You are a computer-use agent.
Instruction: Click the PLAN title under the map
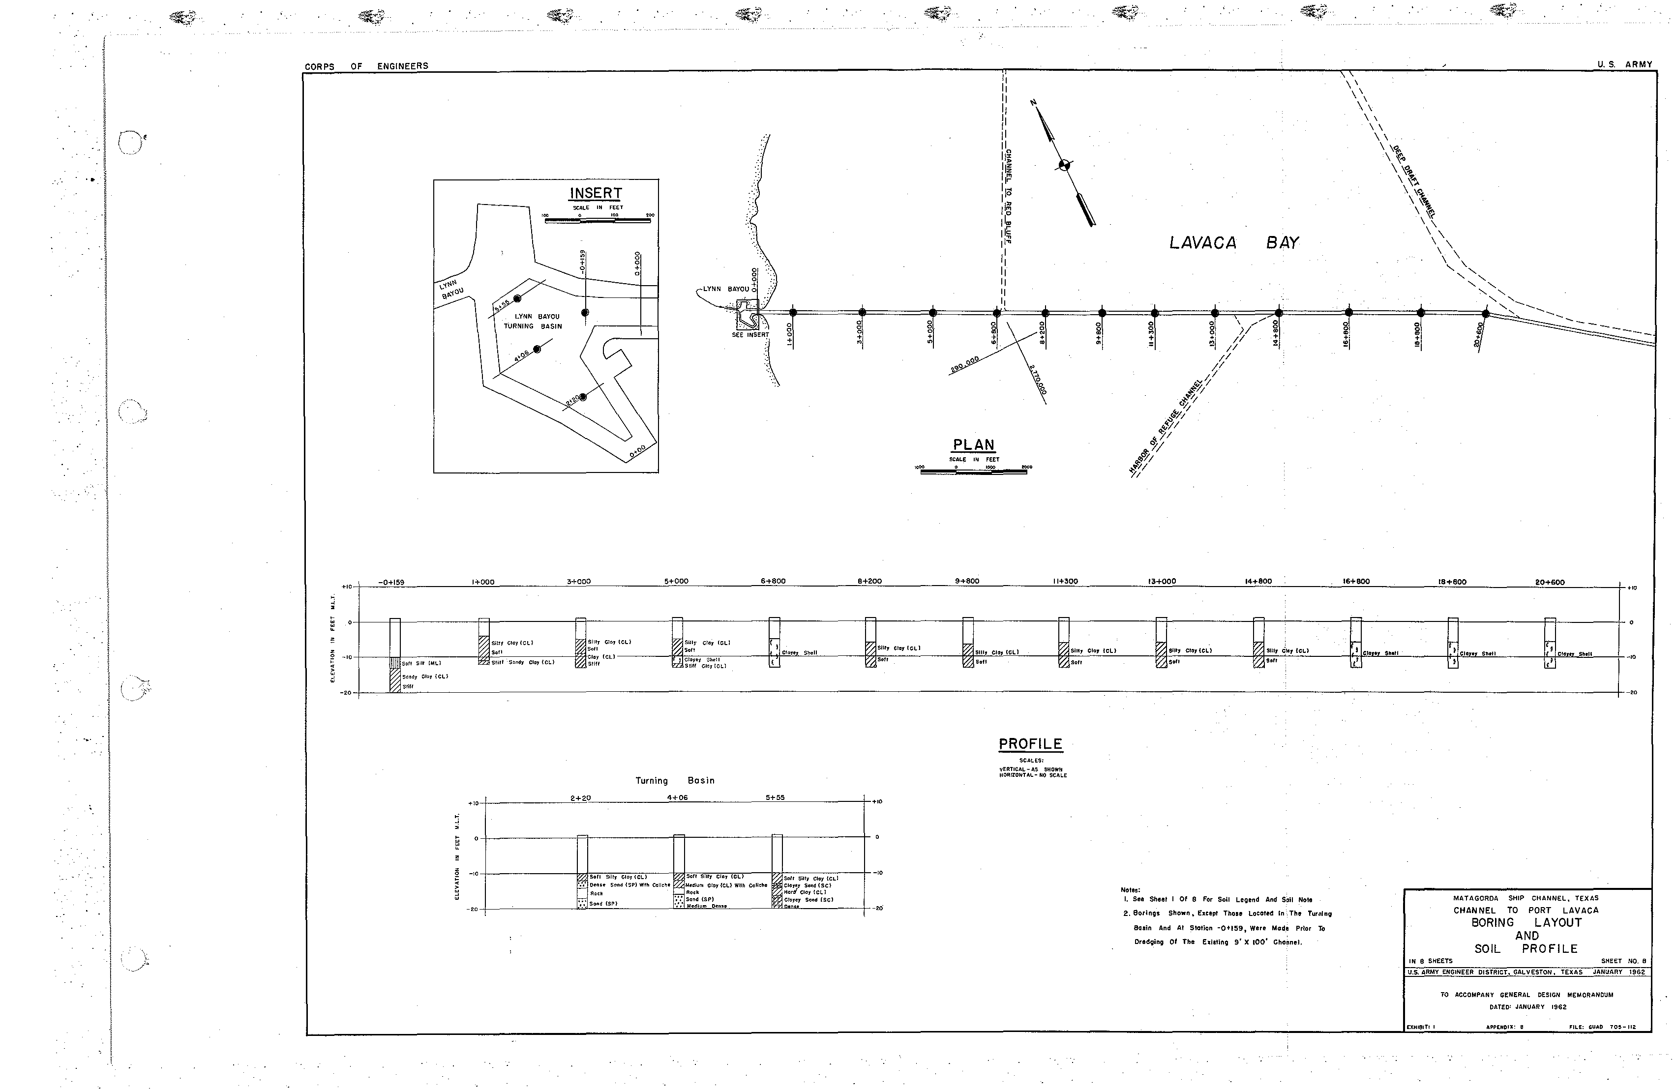click(973, 445)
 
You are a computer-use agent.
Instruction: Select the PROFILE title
click(1030, 744)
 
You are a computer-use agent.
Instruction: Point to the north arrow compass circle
click(1064, 166)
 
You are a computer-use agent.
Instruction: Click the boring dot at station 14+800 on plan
click(1279, 313)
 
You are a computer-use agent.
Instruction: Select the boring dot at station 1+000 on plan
click(793, 313)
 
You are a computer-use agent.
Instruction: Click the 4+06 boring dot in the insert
click(538, 349)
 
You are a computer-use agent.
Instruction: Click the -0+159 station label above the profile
click(391, 582)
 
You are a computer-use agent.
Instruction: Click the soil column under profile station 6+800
click(775, 642)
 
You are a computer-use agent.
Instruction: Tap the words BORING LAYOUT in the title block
click(1526, 922)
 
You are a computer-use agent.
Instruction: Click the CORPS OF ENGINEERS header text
click(366, 66)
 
